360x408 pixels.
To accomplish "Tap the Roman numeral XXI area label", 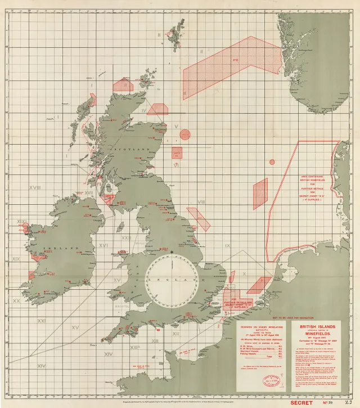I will [41, 321].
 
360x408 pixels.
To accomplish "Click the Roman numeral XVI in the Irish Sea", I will [103, 245].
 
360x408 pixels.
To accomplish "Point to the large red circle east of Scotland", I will [185, 134].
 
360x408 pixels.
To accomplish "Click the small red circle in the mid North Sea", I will [272, 162].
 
